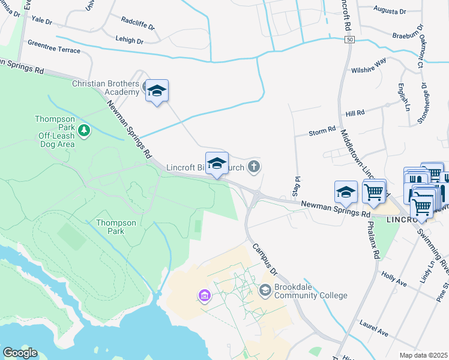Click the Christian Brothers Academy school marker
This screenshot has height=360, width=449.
click(157, 91)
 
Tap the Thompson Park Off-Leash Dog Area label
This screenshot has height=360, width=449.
click(55, 132)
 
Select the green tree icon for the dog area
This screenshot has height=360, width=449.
click(84, 130)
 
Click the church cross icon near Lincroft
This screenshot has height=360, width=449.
click(255, 166)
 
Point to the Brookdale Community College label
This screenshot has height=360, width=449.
click(310, 291)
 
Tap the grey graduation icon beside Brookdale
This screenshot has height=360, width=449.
click(265, 290)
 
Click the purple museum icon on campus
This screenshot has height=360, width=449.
click(204, 296)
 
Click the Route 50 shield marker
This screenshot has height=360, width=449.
click(349, 39)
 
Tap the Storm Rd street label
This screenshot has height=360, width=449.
click(322, 132)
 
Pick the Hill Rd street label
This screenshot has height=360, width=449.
click(355, 113)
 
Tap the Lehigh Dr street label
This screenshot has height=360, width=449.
click(129, 41)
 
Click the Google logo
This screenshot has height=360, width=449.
click(20, 353)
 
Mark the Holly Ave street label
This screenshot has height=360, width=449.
click(394, 278)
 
